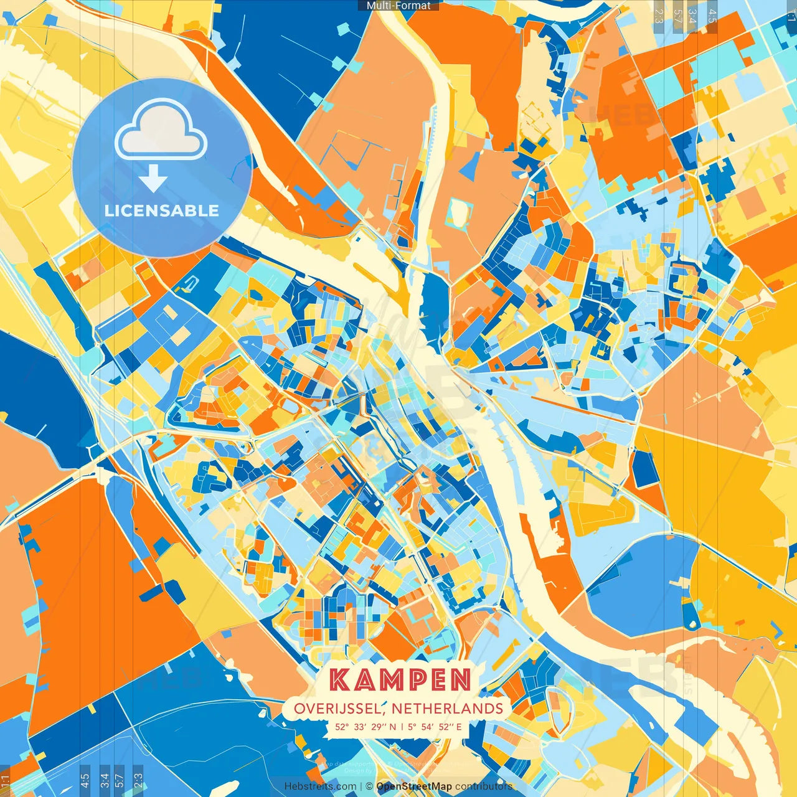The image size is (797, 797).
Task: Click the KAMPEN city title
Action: [400, 680]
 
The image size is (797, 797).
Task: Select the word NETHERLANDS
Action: [447, 709]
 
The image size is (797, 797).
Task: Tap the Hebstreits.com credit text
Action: [320, 786]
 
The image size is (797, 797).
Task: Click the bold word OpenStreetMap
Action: [414, 786]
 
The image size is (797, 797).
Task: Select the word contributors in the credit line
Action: [484, 786]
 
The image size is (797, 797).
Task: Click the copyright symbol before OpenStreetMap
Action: [369, 786]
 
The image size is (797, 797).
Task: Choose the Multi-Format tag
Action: [398, 5]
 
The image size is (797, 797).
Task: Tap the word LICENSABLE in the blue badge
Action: [162, 210]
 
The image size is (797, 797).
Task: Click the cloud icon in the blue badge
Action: [161, 131]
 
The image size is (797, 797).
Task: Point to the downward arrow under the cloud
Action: [153, 179]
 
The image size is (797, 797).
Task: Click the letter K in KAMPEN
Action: [339, 680]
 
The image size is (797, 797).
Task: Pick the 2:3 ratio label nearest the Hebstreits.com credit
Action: [138, 779]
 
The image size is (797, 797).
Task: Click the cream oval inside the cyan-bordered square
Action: [457, 212]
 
